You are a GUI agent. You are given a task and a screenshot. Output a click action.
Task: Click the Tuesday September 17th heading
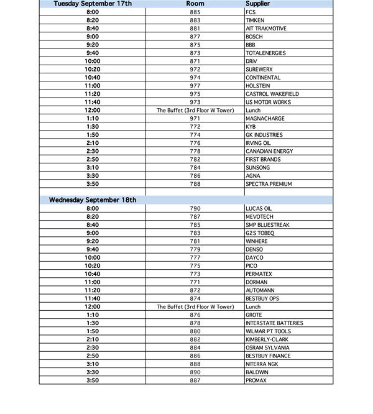[93, 4]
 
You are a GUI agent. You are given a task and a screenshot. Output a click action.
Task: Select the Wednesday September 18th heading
[93, 200]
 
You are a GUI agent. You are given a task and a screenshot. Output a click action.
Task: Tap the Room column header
[195, 4]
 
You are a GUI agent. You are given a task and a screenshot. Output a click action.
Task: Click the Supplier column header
[258, 4]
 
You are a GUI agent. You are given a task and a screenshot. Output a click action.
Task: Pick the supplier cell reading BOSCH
[254, 37]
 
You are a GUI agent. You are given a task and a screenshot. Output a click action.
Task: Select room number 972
[195, 70]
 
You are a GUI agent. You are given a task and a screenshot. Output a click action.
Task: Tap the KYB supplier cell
[251, 127]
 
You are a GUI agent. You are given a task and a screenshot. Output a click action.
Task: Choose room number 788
[195, 184]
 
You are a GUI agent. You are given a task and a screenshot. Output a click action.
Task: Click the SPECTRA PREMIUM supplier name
[269, 184]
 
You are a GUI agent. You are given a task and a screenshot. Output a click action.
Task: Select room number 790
[195, 209]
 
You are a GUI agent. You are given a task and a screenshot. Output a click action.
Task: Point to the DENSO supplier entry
[254, 250]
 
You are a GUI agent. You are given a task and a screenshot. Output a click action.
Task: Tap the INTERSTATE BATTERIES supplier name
[274, 323]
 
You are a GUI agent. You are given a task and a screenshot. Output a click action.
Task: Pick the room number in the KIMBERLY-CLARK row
[195, 340]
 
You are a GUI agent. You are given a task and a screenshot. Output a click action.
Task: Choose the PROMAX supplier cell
[256, 380]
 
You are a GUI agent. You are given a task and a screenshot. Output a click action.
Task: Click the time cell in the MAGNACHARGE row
[93, 119]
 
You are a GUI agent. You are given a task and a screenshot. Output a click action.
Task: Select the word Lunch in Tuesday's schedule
[253, 111]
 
